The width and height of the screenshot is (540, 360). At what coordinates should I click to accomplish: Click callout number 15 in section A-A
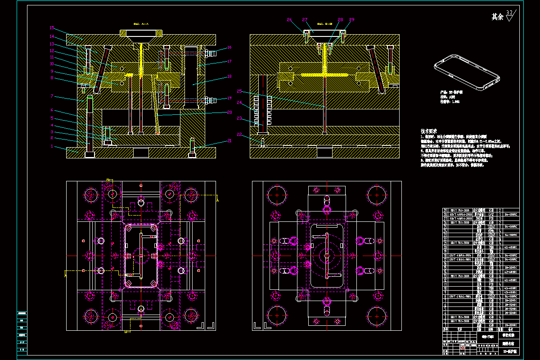52,28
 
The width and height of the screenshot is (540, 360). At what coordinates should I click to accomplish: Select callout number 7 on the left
52,96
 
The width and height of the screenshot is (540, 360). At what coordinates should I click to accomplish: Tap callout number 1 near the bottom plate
52,146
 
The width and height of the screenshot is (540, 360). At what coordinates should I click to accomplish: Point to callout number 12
52,51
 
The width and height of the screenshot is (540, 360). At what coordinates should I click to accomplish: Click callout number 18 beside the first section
229,76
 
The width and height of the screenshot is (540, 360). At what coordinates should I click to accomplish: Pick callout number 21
229,141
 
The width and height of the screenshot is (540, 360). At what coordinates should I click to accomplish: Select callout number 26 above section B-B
289,20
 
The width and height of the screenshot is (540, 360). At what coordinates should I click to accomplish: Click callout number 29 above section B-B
351,20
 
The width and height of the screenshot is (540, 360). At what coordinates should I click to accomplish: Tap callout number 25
240,91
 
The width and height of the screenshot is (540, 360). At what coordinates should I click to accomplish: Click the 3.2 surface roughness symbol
509,16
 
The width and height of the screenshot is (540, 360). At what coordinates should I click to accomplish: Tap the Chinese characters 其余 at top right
497,17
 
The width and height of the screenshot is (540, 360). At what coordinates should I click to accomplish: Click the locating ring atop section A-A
141,34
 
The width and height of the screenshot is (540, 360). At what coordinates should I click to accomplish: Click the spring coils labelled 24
263,110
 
